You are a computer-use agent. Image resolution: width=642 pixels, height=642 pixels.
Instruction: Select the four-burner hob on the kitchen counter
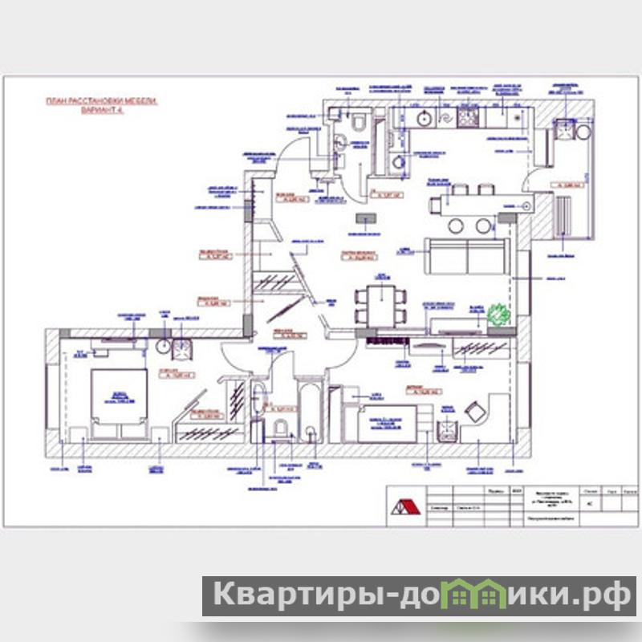pos(468,119)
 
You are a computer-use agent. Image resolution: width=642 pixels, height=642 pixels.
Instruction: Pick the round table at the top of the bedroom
pos(163,347)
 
